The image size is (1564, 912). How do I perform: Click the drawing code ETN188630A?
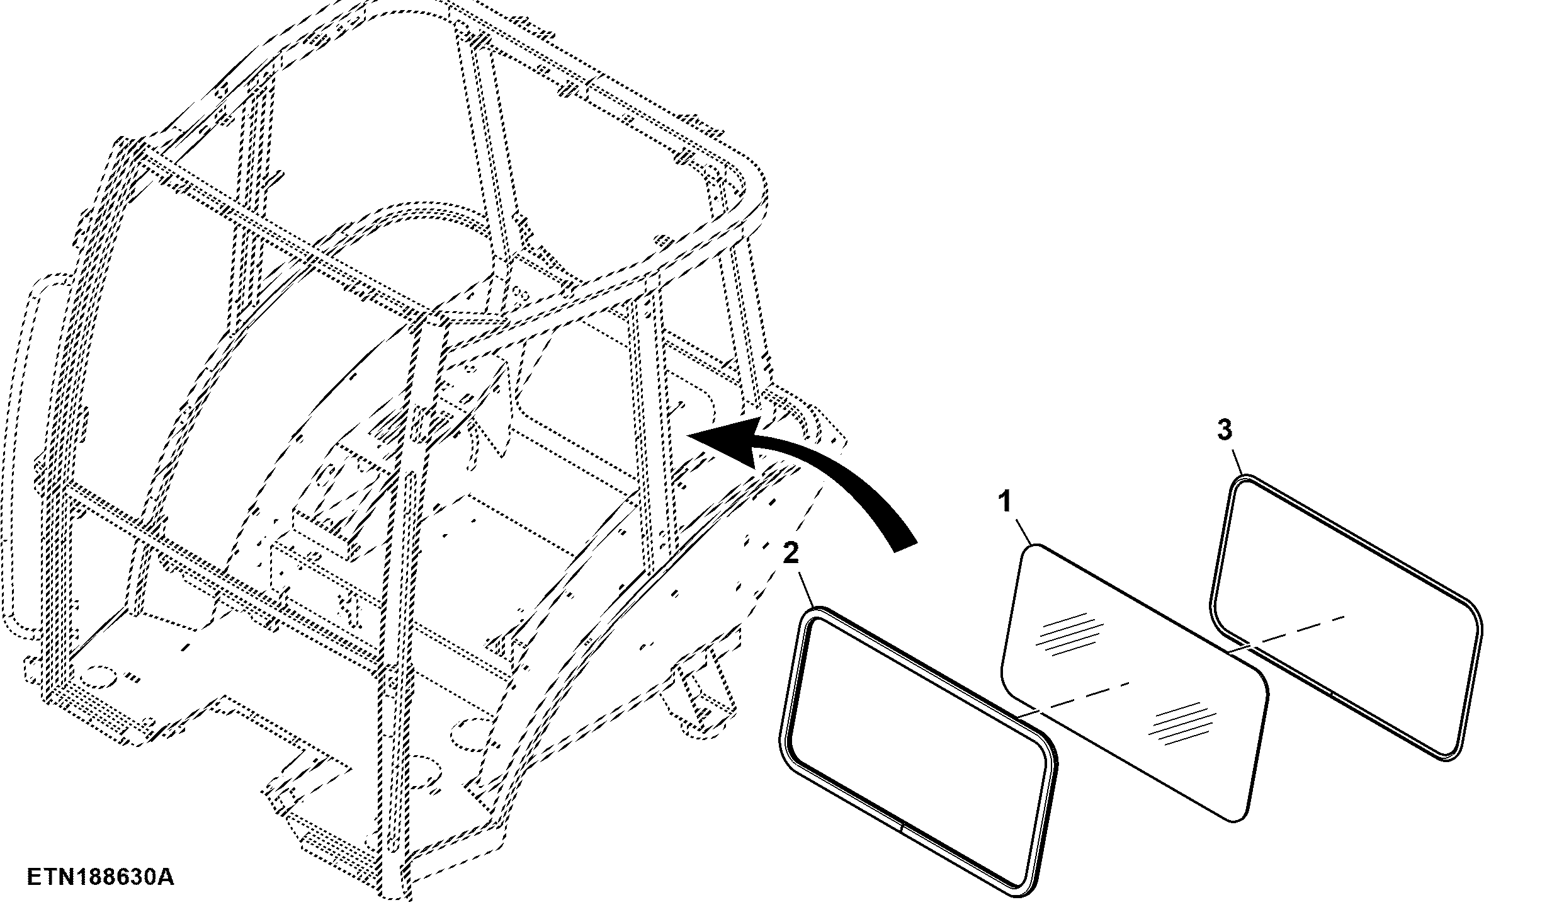pos(101,877)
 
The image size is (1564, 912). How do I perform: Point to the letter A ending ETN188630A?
pos(166,877)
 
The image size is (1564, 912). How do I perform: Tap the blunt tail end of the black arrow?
pos(904,547)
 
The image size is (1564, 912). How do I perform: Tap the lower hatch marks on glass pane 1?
pos(1180,724)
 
